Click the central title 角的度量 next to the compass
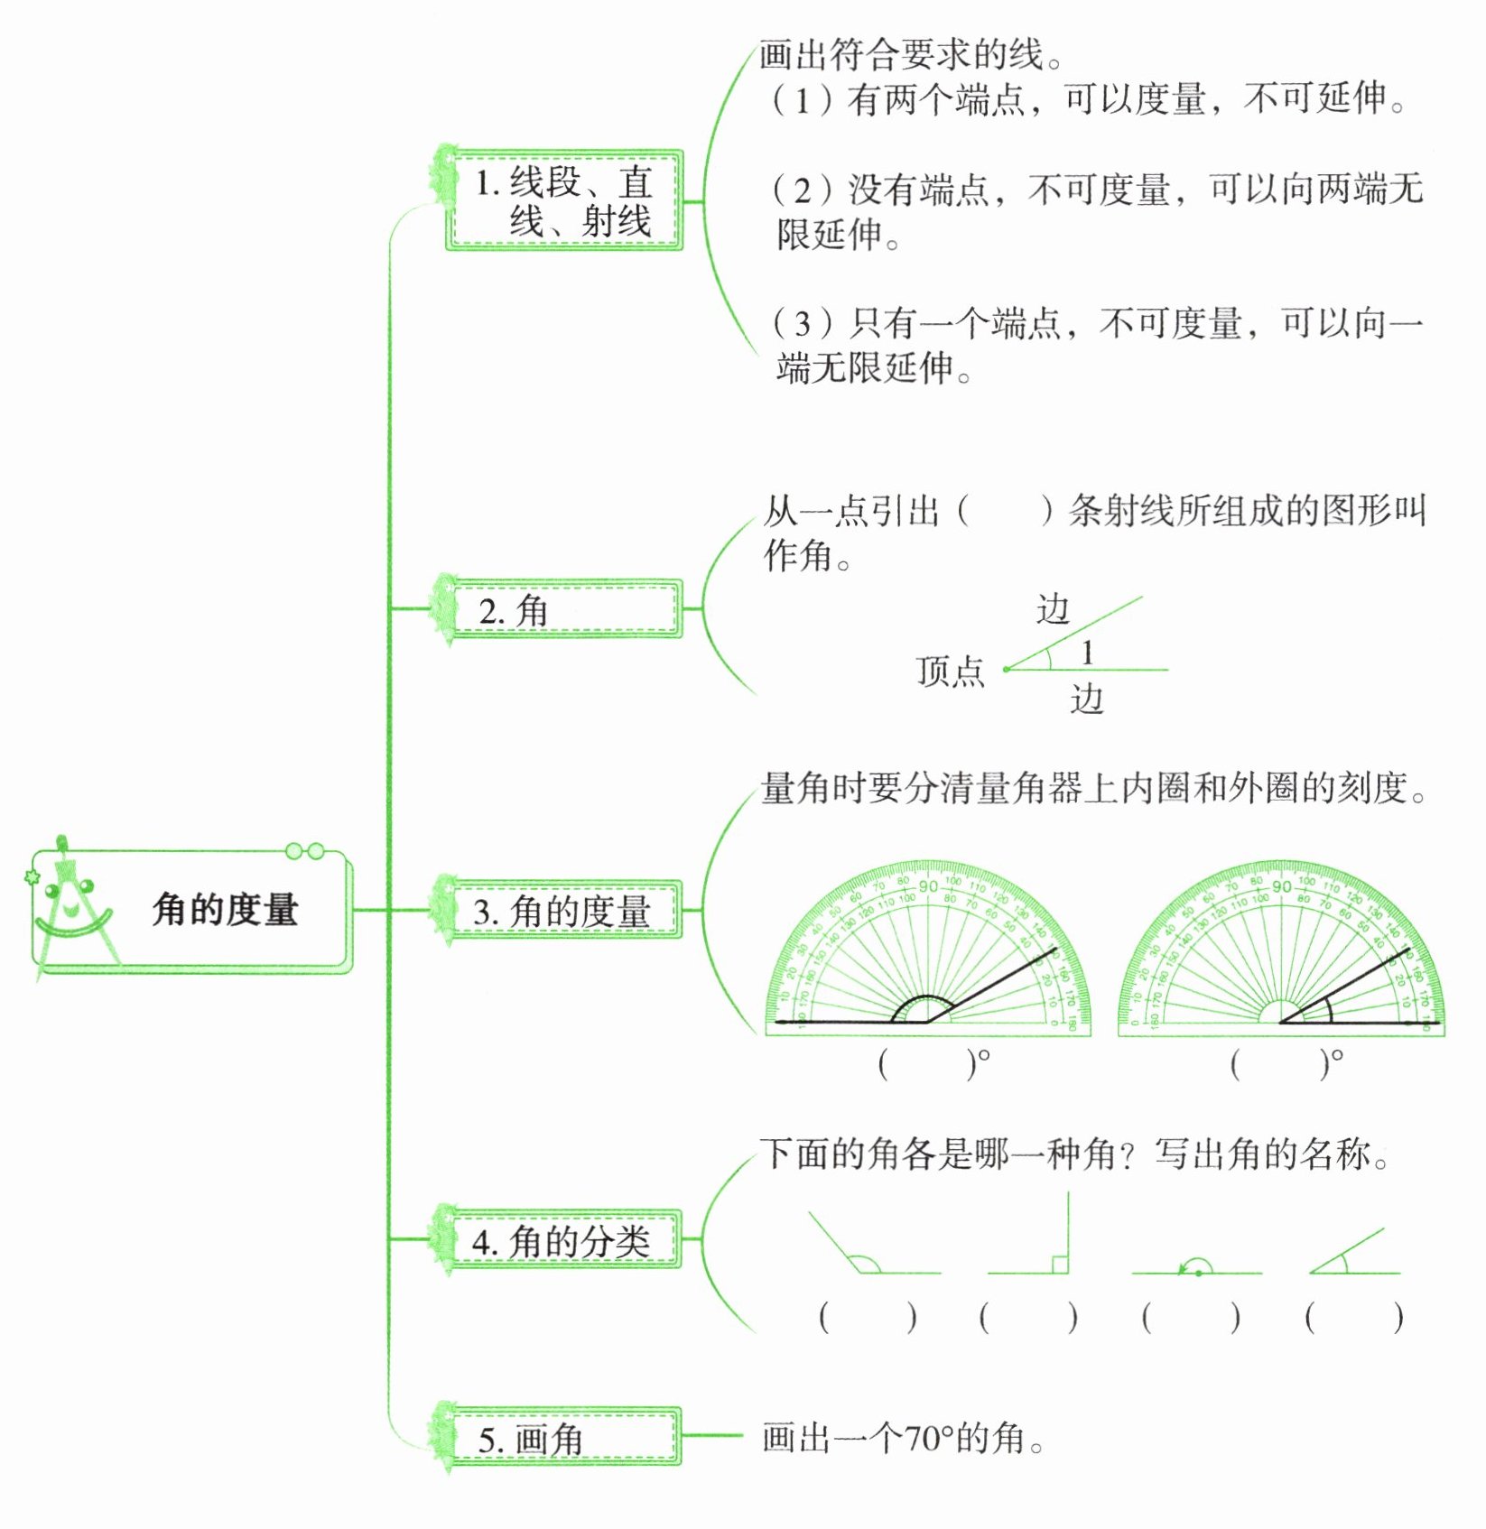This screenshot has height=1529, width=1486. pos(225,910)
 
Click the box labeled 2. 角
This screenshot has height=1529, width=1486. pos(563,610)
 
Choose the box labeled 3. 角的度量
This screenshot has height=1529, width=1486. pos(563,911)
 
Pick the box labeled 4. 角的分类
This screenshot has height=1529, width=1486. pos(563,1241)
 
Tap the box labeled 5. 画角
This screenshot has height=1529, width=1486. pos(563,1438)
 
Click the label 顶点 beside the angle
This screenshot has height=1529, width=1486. pos(950,672)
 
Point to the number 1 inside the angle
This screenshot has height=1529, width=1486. pos(1088,652)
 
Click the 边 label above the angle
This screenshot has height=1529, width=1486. pos(1053,610)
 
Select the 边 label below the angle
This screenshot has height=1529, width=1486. pos(1087,699)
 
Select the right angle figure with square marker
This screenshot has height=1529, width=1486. pos(1038,1241)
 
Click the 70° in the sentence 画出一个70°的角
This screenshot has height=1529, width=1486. pos(930,1438)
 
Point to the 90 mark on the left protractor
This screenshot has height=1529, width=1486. pos(928,886)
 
